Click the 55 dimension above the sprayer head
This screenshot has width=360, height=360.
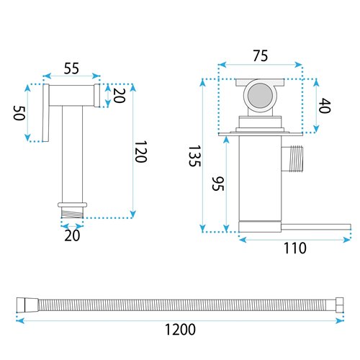(71, 69)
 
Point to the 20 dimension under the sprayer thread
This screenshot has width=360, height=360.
(72, 235)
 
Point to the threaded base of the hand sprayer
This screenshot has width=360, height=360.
(73, 211)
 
